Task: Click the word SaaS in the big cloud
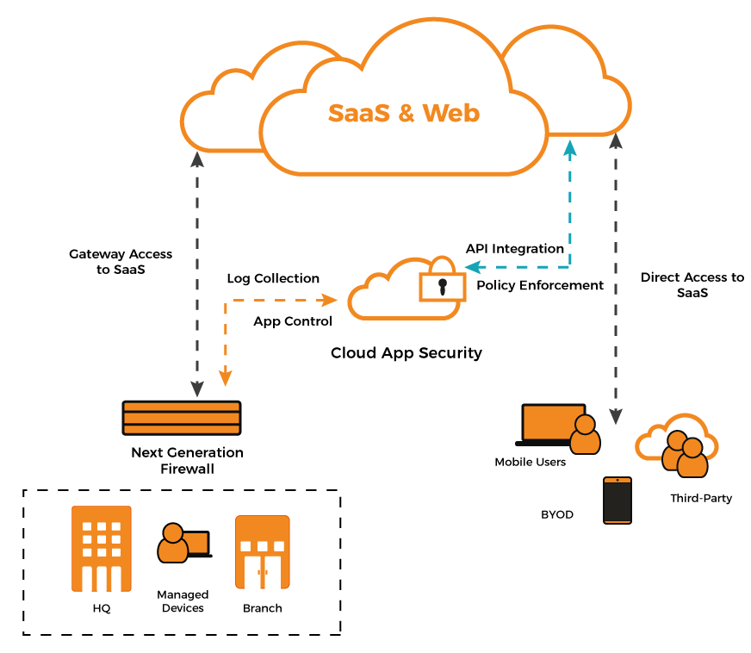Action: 359,114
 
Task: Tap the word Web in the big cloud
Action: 451,114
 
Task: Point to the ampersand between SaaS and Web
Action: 406,114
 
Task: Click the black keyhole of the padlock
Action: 443,285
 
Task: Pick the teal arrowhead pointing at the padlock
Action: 472,267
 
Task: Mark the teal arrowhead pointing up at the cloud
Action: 569,148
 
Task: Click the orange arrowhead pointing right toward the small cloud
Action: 329,300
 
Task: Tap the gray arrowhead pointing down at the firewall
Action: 197,389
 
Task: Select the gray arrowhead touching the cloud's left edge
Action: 197,159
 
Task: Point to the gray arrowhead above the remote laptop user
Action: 616,416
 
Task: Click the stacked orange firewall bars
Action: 182,418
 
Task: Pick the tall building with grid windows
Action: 102,549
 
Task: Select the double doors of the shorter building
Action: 263,572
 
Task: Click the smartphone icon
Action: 618,501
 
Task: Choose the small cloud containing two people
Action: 679,444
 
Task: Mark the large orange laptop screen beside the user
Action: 552,422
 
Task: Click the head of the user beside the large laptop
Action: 585,425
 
